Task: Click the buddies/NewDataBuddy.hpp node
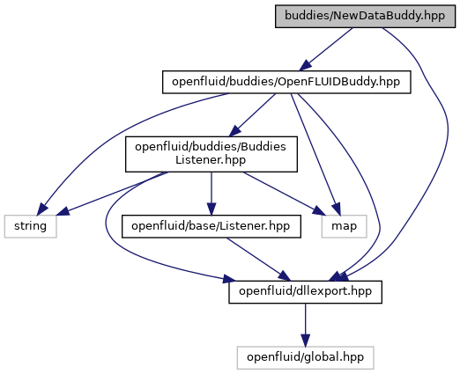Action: tap(365, 16)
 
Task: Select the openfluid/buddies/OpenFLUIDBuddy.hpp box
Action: tap(286, 82)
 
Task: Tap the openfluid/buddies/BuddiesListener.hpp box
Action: tap(211, 154)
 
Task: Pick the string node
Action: tap(30, 226)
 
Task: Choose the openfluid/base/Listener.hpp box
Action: tap(211, 226)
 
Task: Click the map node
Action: tap(344, 226)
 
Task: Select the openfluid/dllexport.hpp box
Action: tap(305, 292)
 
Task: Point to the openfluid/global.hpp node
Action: tap(305, 357)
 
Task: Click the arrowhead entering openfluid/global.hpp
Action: tap(305, 341)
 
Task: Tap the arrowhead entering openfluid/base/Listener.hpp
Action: tap(211, 209)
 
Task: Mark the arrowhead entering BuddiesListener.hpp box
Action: tap(234, 131)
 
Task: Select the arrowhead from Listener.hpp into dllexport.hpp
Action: tap(284, 276)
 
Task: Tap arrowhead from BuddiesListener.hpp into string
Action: tap(63, 211)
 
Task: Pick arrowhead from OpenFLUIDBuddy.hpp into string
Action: tap(41, 209)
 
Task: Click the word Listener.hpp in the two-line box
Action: tap(211, 160)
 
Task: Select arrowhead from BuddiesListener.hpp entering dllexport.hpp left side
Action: tap(229, 279)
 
